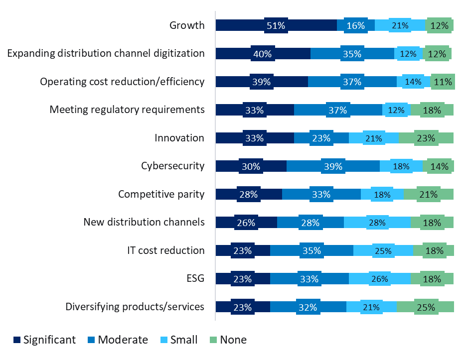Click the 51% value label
[276, 25]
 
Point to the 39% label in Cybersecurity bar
[333, 166]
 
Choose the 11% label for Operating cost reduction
[443, 82]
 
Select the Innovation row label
[179, 138]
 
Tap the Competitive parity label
[161, 194]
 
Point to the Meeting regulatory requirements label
[127, 110]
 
